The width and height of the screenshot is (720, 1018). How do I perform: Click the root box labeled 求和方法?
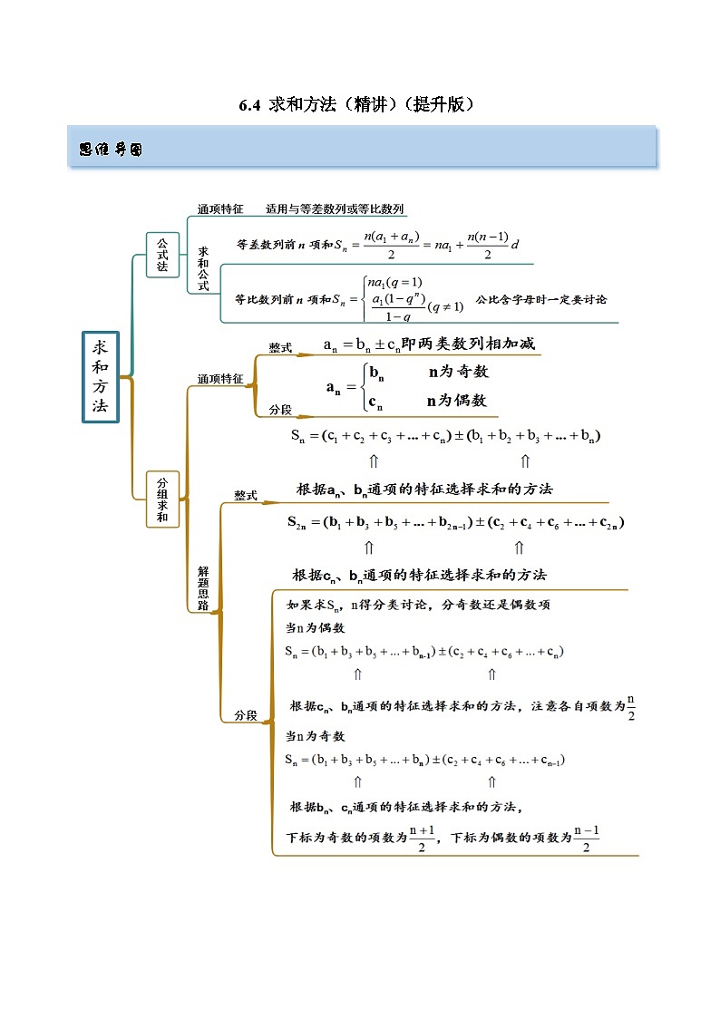tap(101, 375)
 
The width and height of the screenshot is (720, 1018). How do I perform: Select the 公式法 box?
tap(162, 255)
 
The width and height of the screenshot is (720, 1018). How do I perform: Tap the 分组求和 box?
tap(162, 499)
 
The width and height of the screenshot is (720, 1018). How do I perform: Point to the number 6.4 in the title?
tap(250, 105)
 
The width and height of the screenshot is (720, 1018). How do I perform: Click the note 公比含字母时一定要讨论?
tap(540, 300)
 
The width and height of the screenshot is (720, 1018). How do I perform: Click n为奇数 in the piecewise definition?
tap(458, 372)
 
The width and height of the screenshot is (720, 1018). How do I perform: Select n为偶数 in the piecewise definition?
tap(458, 401)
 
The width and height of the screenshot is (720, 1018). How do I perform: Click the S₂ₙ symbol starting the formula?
tap(298, 523)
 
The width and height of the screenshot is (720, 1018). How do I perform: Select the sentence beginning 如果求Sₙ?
tap(417, 605)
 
